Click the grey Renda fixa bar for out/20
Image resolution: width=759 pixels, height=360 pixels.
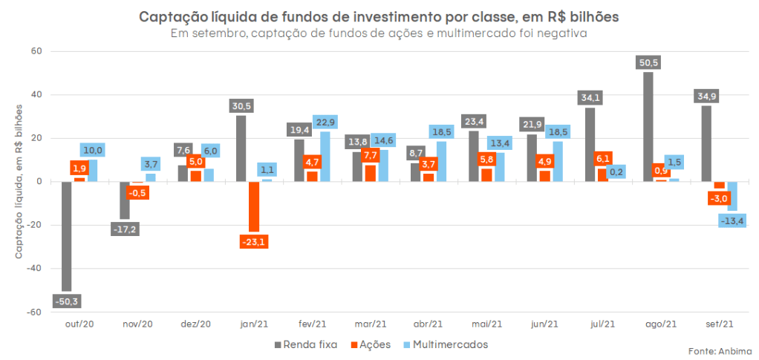(x=66, y=236)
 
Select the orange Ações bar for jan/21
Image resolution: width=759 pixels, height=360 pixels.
(x=254, y=207)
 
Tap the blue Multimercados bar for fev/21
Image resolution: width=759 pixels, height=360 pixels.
(x=325, y=157)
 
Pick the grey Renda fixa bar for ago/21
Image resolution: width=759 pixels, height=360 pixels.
(x=648, y=126)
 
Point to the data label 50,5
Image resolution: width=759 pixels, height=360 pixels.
(x=648, y=62)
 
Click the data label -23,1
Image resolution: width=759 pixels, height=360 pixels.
(x=254, y=240)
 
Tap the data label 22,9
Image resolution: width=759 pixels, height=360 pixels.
(x=325, y=122)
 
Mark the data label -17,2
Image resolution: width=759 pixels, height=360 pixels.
(x=124, y=229)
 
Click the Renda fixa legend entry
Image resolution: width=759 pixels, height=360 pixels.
(x=306, y=344)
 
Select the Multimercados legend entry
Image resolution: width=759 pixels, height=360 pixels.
(x=445, y=344)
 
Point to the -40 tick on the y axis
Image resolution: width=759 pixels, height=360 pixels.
(x=35, y=269)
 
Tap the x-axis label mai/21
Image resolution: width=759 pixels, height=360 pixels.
(x=486, y=324)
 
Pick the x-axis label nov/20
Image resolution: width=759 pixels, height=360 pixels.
(x=137, y=324)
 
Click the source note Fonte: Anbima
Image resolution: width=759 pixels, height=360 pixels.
(x=718, y=350)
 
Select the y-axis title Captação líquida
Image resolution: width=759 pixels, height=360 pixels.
(x=20, y=183)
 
